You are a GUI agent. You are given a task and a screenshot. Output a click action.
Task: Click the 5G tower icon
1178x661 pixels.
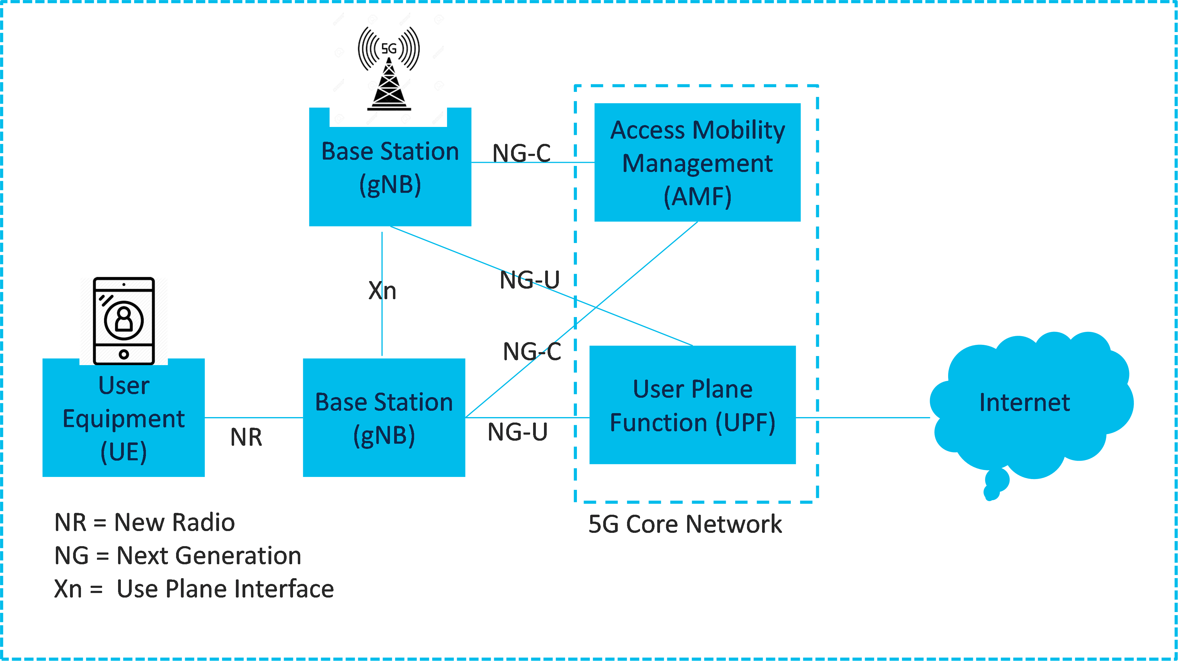[x=388, y=69]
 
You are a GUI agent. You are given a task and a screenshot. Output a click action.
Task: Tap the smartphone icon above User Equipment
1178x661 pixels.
[x=124, y=321]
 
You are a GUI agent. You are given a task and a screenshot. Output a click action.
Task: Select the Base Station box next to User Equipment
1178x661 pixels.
[x=384, y=418]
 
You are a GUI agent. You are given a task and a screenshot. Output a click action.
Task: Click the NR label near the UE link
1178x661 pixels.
[x=246, y=437]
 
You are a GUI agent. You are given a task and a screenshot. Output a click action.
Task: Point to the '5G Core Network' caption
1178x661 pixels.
[x=684, y=524]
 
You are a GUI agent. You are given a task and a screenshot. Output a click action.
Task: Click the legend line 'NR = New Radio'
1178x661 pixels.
[x=144, y=522]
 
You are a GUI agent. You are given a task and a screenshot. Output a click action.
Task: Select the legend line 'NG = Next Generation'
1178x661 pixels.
[x=177, y=556]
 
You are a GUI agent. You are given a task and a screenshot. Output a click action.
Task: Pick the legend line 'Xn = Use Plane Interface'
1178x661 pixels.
[x=194, y=589]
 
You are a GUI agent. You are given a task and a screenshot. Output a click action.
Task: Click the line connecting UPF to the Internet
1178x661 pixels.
[x=863, y=418]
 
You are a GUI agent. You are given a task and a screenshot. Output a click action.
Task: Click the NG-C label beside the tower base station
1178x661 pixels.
[x=521, y=153]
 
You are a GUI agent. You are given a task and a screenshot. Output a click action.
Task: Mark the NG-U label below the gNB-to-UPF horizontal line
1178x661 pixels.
[x=517, y=432]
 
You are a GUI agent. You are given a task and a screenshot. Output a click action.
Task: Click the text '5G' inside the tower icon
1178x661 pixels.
[x=389, y=48]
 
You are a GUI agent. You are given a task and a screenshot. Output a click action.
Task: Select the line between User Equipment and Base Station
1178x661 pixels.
[x=254, y=418]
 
